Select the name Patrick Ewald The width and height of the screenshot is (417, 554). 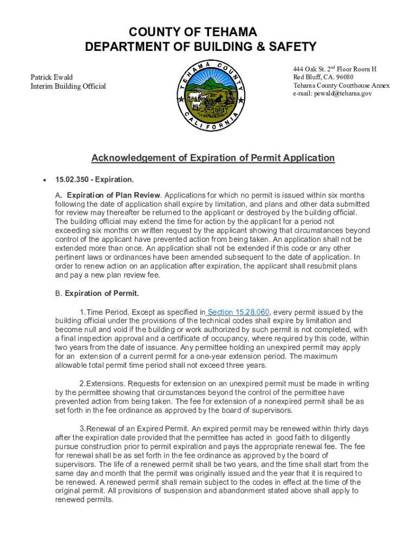[x=51, y=77]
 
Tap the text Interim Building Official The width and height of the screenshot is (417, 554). [x=68, y=87]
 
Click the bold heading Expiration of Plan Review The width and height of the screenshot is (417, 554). [x=113, y=195]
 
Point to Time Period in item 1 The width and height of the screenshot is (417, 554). [x=103, y=312]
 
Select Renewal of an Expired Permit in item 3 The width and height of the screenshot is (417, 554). [x=130, y=428]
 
